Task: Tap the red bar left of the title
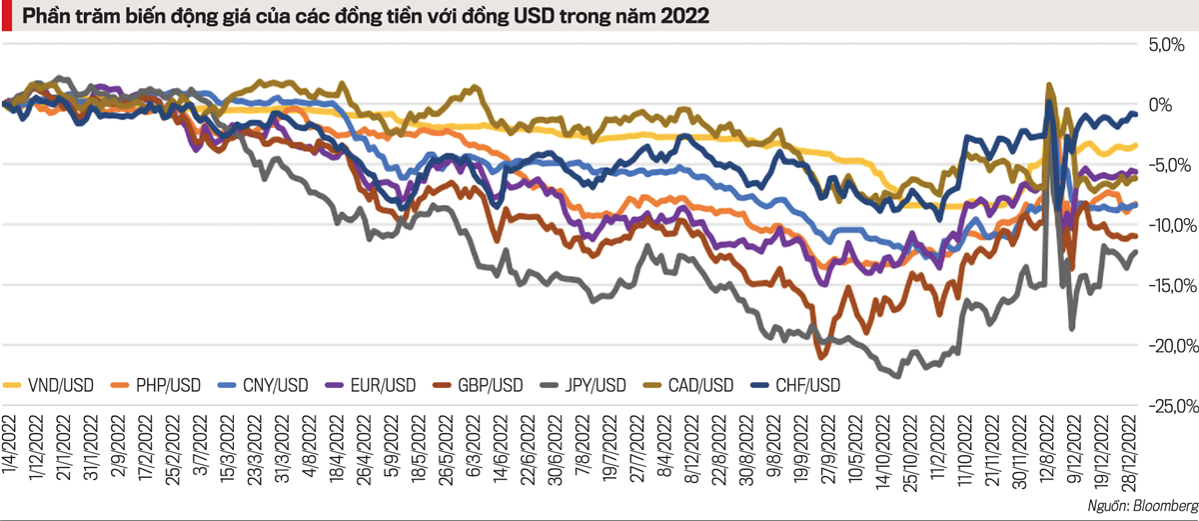tap(6, 17)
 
